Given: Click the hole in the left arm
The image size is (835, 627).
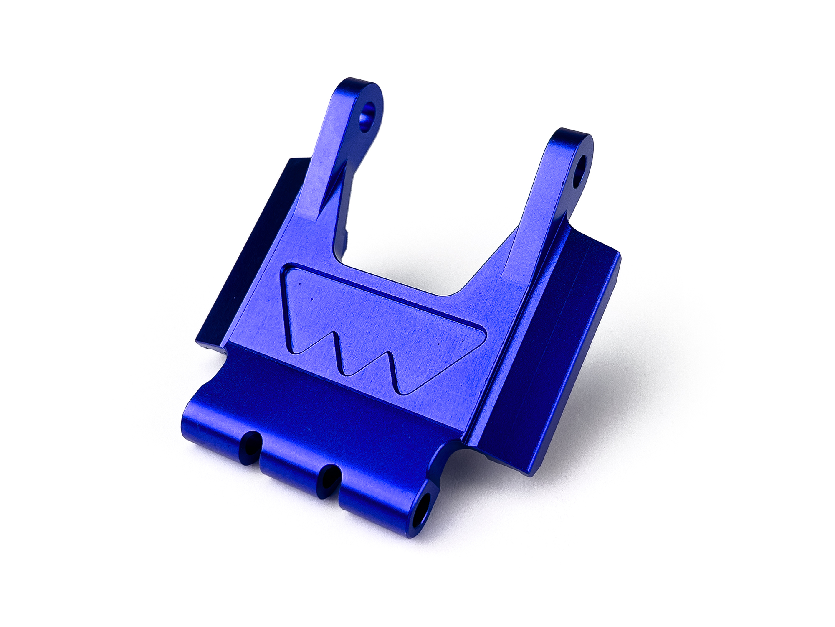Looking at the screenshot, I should pos(368,113).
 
